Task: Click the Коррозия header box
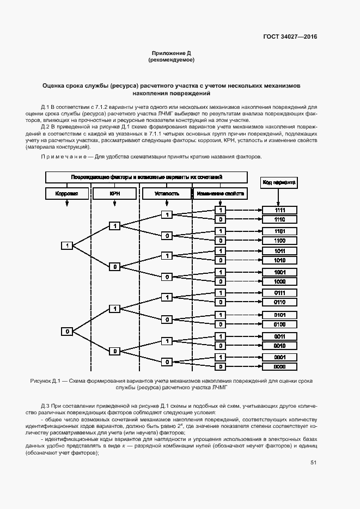pos(67,193)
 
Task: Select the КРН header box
pos(114,193)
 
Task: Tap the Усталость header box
pos(167,193)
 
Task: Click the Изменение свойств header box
pos(220,193)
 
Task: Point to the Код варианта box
pos(280,182)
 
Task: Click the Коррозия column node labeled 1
pos(67,246)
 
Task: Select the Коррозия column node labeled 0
pos(67,331)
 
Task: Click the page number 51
pos(314,463)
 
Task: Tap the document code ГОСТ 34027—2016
pos(290,37)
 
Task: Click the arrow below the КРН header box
pos(114,204)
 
